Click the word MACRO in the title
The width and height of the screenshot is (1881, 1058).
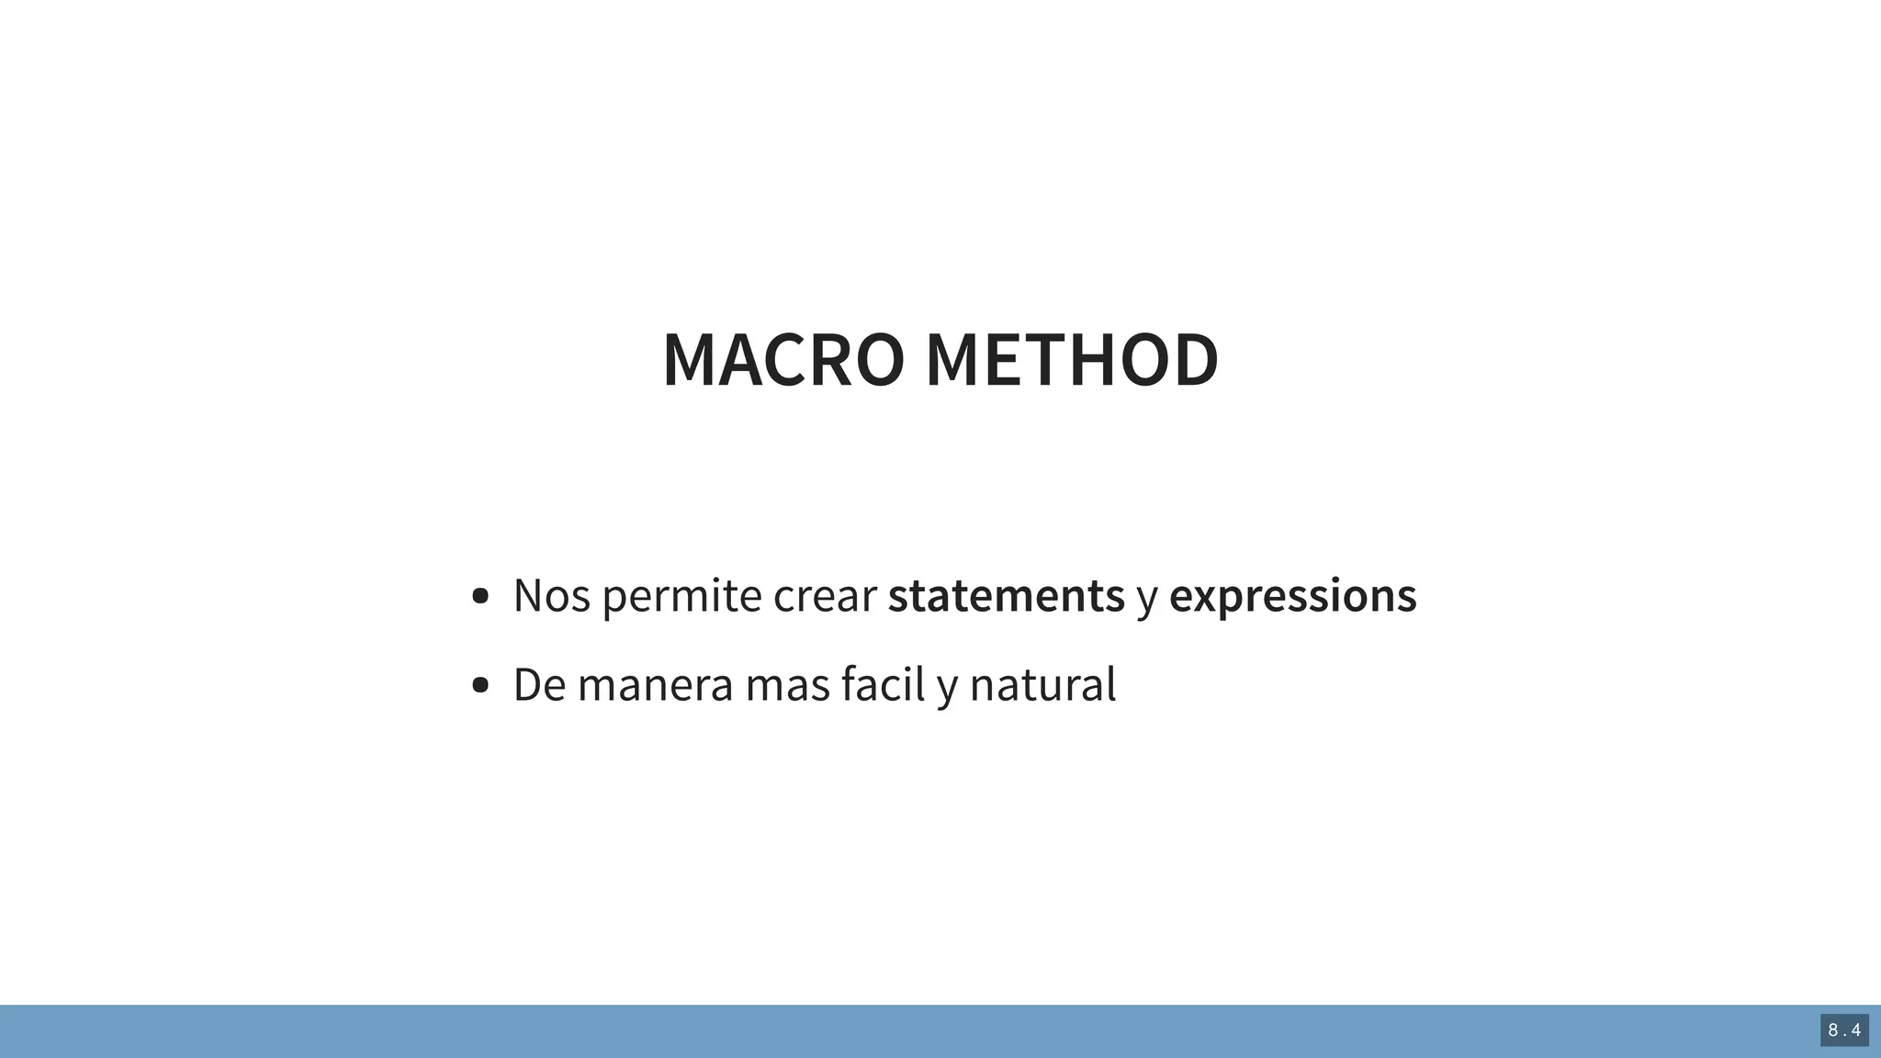coord(783,360)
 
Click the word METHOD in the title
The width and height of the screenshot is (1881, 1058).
coord(1072,360)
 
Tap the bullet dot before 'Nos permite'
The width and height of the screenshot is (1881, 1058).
coord(479,597)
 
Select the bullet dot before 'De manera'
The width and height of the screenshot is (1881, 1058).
coord(479,685)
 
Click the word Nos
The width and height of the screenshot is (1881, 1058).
coord(551,595)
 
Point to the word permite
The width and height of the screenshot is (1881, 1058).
coord(682,595)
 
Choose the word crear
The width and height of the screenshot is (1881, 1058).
coord(825,595)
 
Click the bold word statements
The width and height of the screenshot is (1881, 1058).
coord(1006,595)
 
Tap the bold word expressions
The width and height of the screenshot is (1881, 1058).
coord(1292,595)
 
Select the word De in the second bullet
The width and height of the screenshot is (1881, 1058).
coord(539,685)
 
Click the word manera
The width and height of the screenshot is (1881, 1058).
coord(655,685)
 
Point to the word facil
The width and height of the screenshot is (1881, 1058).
coord(883,685)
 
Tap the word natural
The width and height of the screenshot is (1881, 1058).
coord(1042,685)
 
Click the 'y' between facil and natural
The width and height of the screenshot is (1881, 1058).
coord(947,689)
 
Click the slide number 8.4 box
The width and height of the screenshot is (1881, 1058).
coord(1844,1030)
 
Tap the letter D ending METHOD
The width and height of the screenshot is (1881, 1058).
coord(1193,360)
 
